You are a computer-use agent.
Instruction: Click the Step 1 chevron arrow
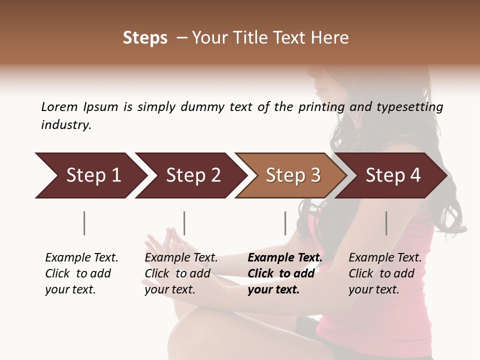[x=90, y=175]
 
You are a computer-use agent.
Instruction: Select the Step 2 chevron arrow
[x=190, y=175]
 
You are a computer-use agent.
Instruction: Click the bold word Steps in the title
[x=145, y=38]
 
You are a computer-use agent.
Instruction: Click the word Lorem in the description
[x=59, y=107]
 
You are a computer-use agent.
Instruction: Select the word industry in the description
[x=66, y=125]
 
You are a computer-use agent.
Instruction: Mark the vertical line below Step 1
[x=84, y=223]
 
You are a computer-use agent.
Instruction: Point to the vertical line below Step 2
[x=184, y=223]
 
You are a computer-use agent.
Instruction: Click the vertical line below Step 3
[x=285, y=223]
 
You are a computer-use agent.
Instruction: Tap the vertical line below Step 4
[x=386, y=223]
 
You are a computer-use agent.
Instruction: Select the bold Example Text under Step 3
[x=285, y=258]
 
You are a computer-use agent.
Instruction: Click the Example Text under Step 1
[x=81, y=258]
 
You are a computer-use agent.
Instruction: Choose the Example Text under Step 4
[x=385, y=258]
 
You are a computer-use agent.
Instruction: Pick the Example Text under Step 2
[x=181, y=258]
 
